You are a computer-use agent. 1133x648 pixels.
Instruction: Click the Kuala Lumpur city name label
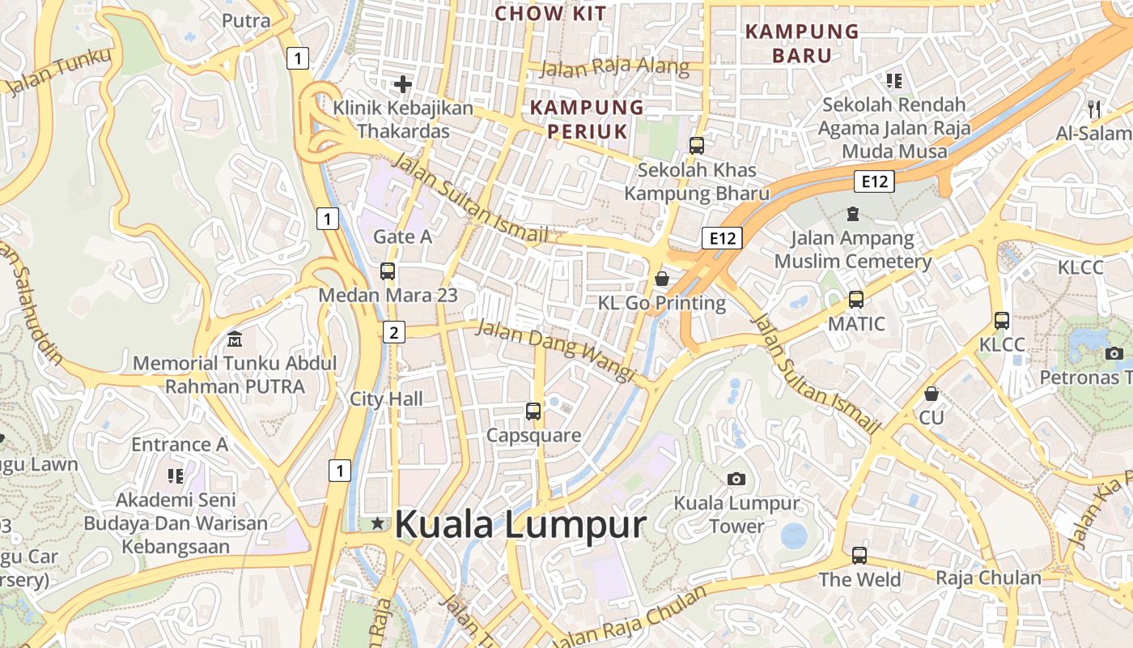point(520,525)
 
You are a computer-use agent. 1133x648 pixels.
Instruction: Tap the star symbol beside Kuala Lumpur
point(377,524)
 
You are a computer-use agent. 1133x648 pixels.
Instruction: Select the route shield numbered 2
point(393,331)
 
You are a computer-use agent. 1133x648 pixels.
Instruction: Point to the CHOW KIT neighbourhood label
point(550,14)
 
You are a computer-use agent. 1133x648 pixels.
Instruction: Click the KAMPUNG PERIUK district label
point(587,118)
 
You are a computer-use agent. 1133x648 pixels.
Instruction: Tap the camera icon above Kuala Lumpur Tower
point(736,479)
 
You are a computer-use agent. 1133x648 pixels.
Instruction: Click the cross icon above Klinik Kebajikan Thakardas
point(402,83)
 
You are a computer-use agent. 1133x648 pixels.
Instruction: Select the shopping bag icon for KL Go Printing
point(662,279)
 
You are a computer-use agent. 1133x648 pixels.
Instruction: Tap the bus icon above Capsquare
point(533,411)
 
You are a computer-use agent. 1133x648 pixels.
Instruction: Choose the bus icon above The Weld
point(859,556)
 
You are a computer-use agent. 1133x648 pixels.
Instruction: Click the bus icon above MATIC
point(856,300)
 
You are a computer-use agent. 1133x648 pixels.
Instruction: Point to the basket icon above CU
point(931,394)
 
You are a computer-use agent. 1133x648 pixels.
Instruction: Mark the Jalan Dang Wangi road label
point(554,349)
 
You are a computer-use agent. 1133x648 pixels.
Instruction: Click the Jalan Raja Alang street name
point(614,67)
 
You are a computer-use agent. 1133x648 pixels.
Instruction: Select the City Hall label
point(386,399)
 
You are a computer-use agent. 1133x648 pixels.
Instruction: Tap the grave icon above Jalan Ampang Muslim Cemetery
point(852,215)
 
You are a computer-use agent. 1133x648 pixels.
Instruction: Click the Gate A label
point(402,237)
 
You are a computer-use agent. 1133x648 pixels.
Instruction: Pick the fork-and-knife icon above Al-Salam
point(1094,109)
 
